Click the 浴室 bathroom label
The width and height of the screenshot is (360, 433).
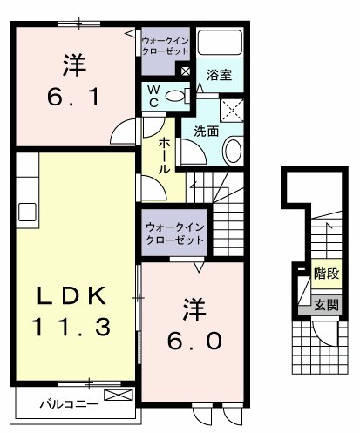[219, 76]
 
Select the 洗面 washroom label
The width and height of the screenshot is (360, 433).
[206, 132]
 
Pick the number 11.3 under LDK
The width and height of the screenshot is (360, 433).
[71, 328]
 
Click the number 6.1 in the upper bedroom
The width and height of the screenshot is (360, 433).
[73, 94]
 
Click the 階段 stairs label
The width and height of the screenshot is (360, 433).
[326, 274]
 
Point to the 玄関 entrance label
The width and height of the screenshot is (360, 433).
[326, 305]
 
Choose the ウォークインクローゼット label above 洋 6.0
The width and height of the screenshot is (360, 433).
[175, 233]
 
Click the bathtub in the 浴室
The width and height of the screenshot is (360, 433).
[221, 44]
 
